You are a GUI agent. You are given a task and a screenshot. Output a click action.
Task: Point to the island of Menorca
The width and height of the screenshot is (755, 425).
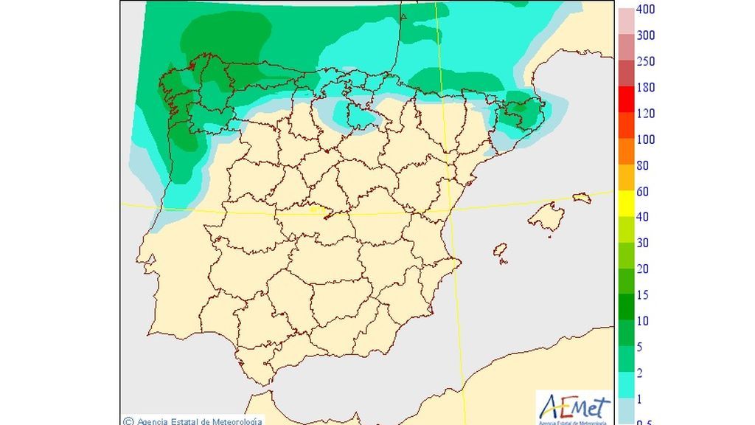point(582,198)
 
